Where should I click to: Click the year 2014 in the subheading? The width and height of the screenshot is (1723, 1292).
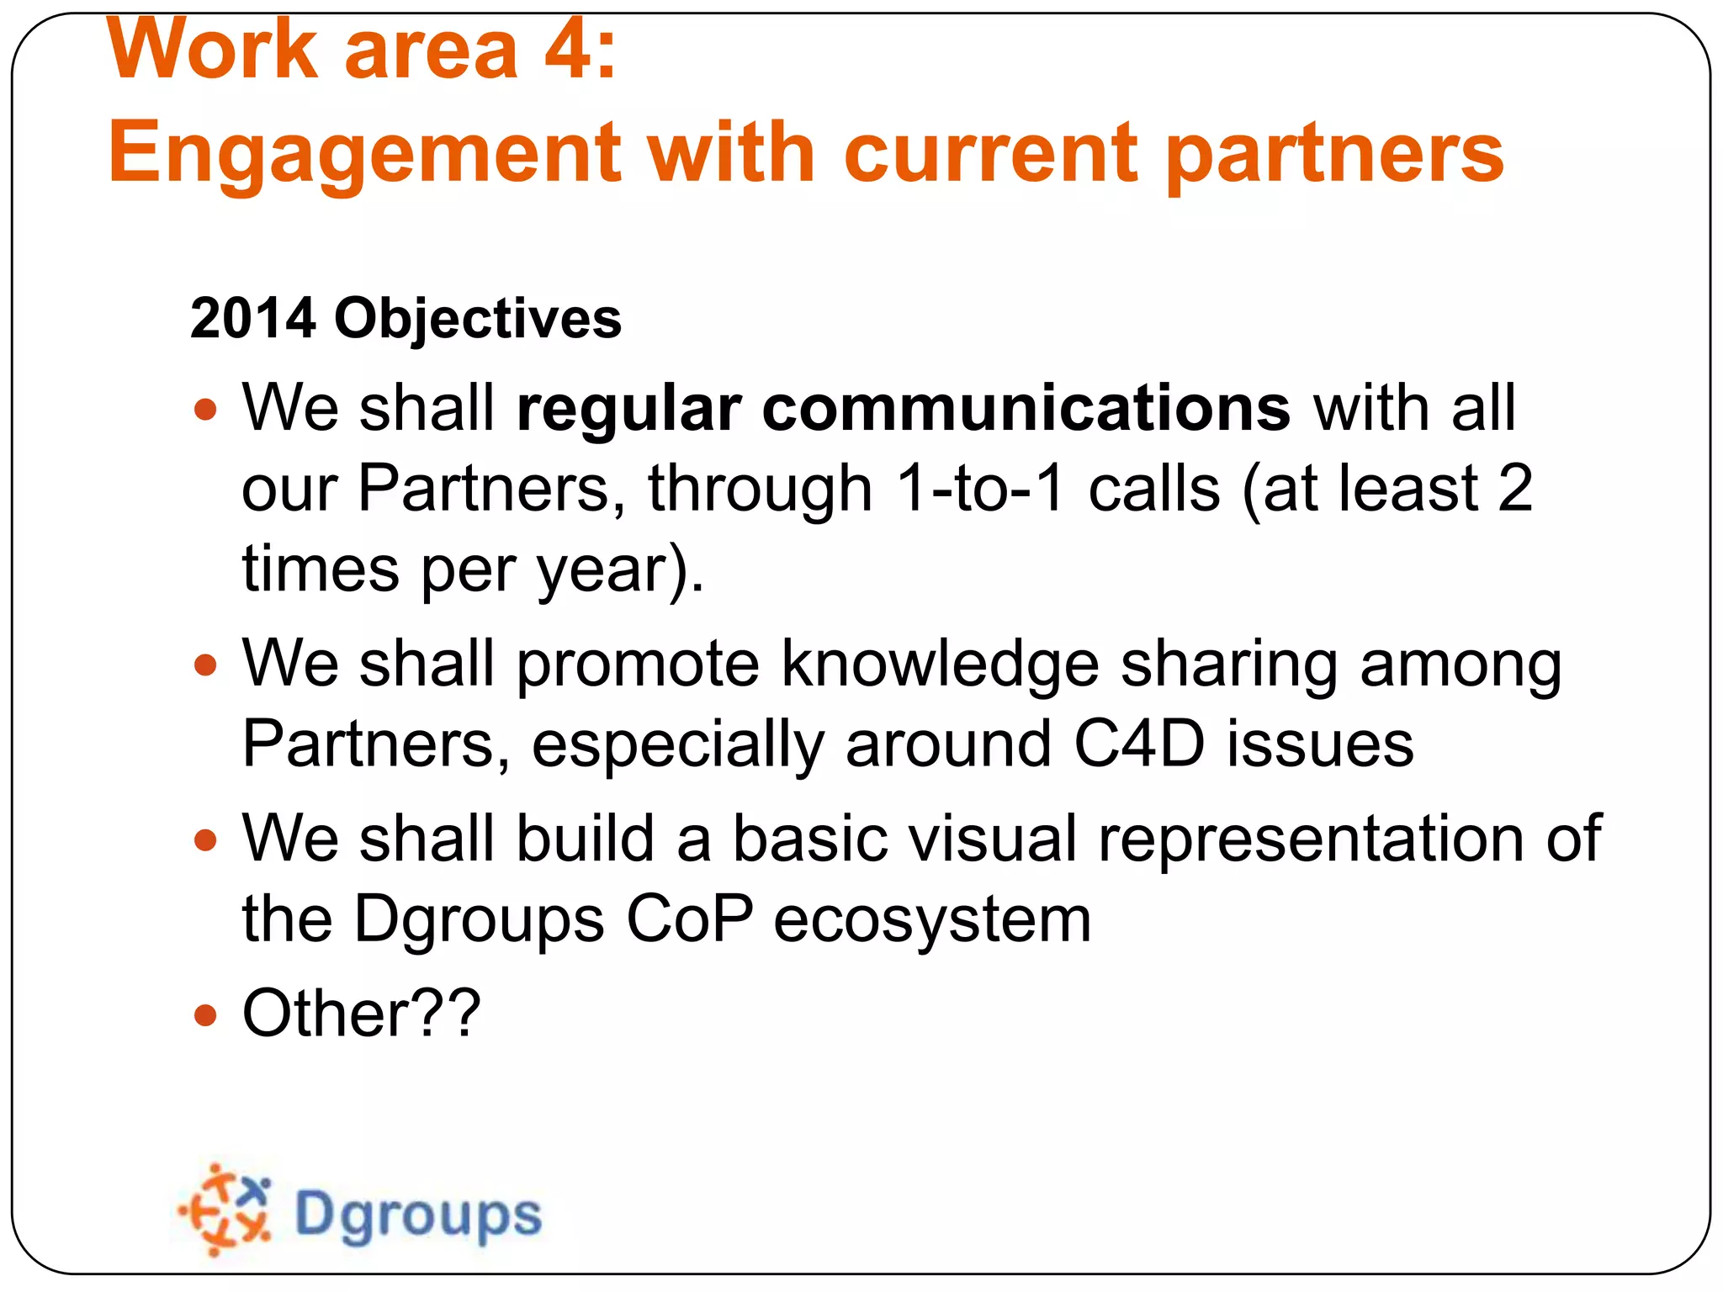click(x=253, y=319)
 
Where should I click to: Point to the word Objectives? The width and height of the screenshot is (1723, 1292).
click(x=478, y=319)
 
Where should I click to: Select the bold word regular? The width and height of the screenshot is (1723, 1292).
click(x=628, y=409)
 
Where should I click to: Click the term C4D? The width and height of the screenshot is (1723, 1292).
click(x=1139, y=744)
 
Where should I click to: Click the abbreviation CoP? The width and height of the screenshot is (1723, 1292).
click(x=688, y=919)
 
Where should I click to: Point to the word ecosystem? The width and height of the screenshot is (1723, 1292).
click(x=931, y=919)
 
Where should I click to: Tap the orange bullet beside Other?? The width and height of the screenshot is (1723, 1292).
click(x=204, y=1015)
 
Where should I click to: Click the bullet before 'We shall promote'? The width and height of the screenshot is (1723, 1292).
click(x=204, y=666)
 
